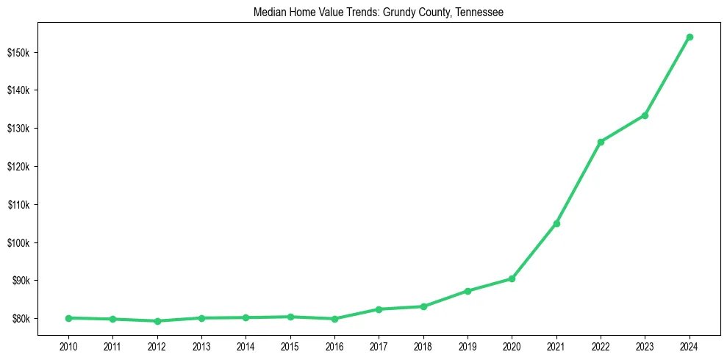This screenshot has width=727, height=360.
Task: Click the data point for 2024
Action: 690,37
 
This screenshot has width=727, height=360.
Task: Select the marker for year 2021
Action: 556,223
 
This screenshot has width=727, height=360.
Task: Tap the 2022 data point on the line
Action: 601,142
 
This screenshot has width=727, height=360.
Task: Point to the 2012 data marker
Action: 157,321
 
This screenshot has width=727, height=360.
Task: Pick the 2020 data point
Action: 512,278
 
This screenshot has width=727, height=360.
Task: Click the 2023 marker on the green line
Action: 645,115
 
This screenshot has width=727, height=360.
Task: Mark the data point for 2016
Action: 334,319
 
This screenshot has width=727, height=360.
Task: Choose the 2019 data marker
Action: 468,291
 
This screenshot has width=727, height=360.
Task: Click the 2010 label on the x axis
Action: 68,345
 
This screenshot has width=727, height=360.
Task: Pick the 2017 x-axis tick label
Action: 379,345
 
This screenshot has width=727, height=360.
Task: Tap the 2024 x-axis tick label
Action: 690,345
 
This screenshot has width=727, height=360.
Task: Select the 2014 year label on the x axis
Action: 246,345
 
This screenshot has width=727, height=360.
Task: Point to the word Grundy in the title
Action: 399,12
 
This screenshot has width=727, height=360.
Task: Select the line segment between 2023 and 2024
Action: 667,76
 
